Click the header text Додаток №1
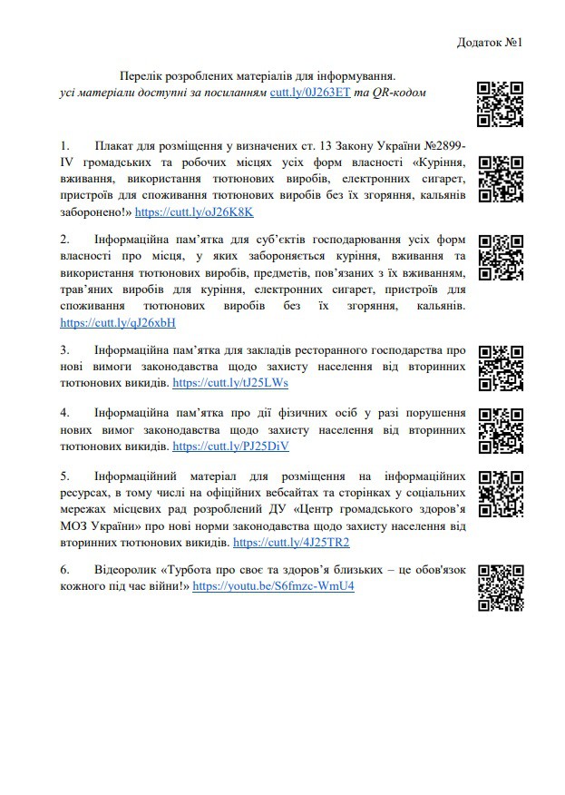tap(492, 43)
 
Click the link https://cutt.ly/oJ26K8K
tap(194, 211)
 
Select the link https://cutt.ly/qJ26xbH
tap(118, 322)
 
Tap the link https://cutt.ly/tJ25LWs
tap(230, 383)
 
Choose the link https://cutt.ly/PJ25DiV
tap(230, 447)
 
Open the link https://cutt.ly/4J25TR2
tap(291, 542)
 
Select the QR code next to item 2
tap(501, 258)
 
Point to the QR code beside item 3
tap(501, 368)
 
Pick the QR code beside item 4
tap(501, 430)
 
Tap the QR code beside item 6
tap(501, 587)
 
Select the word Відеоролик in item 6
tap(123, 570)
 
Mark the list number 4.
tap(64, 411)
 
